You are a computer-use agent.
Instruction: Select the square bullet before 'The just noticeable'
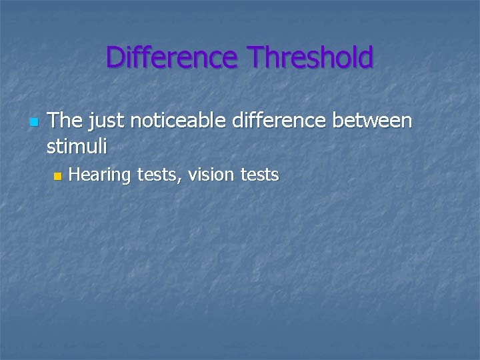[x=34, y=123]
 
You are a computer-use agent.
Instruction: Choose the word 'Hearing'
[x=101, y=176]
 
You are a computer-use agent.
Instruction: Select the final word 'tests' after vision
[x=261, y=175]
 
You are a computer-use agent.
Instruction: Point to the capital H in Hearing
[x=74, y=175]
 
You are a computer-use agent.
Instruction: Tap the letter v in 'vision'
[x=192, y=176]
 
